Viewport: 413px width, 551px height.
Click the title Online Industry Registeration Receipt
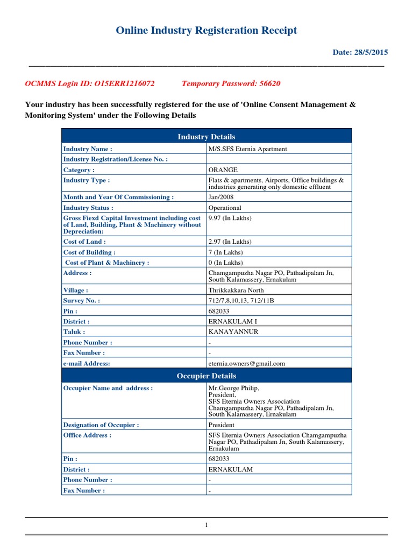[x=206, y=31]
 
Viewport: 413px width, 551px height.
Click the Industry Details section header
[x=206, y=137]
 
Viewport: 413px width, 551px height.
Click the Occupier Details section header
[x=206, y=376]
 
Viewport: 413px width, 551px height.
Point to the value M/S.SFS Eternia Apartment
[x=247, y=149]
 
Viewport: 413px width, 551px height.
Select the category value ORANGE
[x=223, y=170]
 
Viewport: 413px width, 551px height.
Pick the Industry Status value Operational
[x=225, y=208]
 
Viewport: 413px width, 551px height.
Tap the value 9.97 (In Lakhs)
[x=230, y=218]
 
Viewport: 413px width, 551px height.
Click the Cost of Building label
[x=89, y=252]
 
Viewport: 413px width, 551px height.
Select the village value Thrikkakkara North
[x=236, y=290]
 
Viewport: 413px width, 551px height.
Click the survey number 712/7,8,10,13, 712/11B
[x=241, y=301]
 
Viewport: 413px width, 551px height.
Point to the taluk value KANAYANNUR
[x=233, y=332]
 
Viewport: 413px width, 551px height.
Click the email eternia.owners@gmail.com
[x=246, y=363]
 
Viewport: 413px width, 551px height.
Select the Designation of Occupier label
[x=101, y=425]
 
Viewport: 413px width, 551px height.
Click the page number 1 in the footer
[x=206, y=526]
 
